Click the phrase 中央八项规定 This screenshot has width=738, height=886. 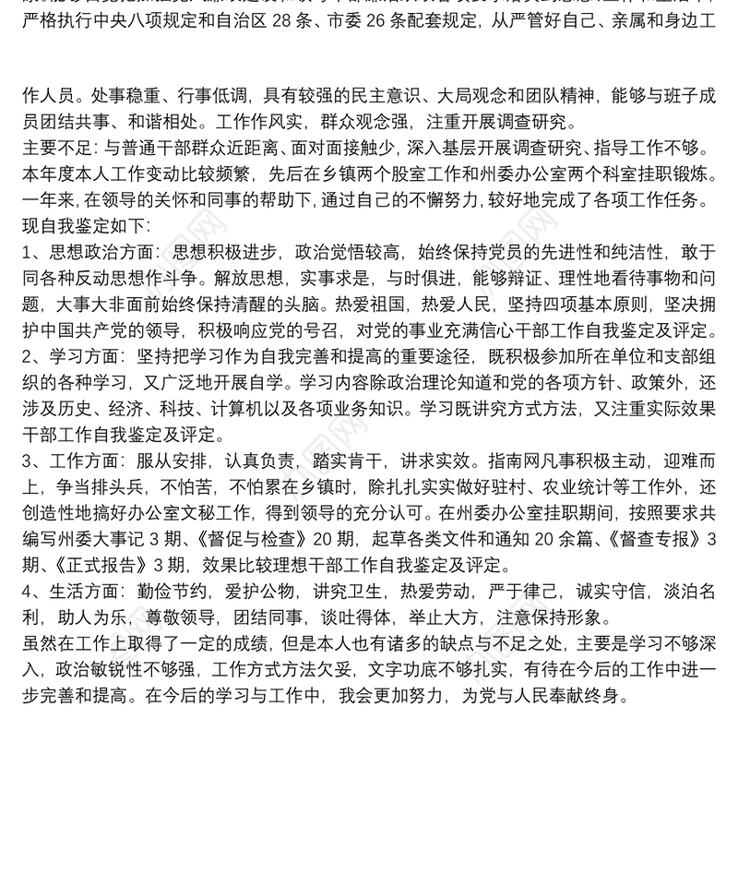click(119, 42)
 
